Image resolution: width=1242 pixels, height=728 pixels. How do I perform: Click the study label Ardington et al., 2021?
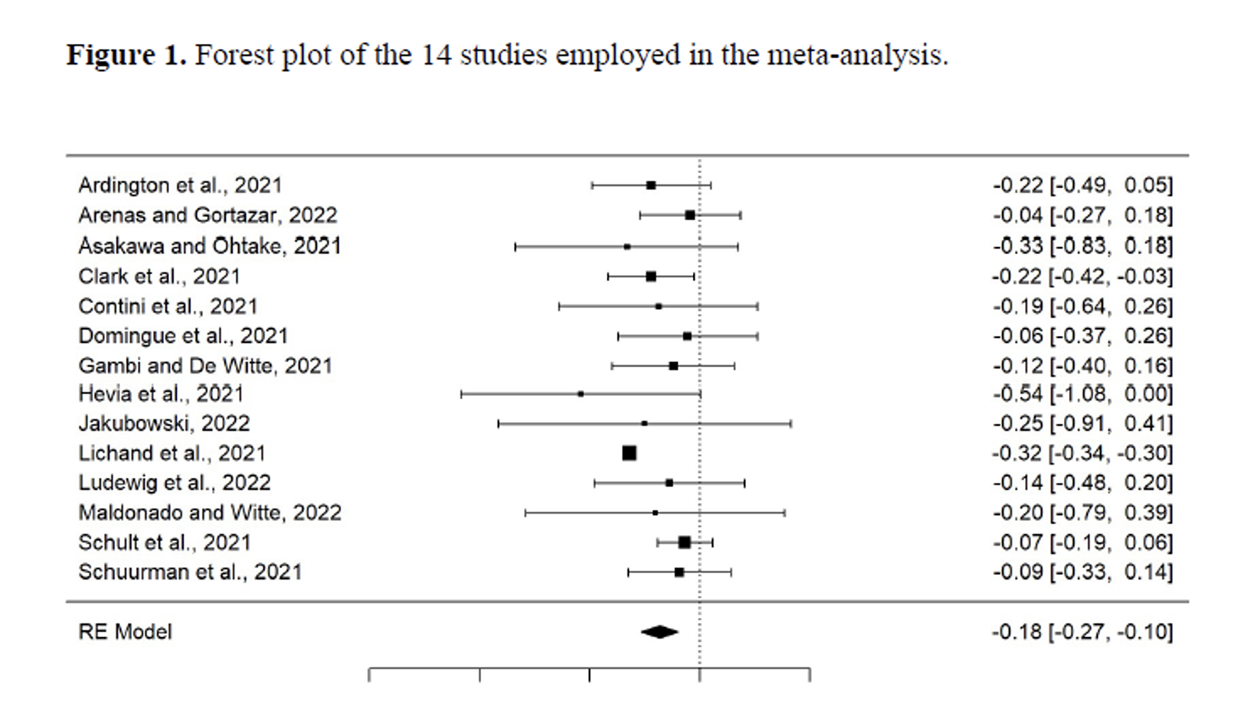coord(180,186)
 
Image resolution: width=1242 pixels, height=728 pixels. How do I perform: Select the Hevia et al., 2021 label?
coord(161,394)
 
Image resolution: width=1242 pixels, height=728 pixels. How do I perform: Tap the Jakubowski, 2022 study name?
coord(164,424)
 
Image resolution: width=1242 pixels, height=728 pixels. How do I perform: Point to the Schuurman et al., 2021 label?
coord(190,572)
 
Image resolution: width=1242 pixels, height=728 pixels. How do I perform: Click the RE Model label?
coord(125,632)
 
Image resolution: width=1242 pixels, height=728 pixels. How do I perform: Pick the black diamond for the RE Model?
coord(659,632)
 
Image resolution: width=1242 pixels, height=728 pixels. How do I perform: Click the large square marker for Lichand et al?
coord(629,453)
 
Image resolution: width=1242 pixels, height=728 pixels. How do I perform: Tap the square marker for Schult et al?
coord(684,542)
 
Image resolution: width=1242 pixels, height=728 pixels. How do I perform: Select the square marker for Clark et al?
coord(651,277)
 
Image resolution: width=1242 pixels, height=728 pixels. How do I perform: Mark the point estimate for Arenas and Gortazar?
coord(690,215)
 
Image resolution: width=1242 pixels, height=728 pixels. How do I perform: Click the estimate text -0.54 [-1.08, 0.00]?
coord(1082,394)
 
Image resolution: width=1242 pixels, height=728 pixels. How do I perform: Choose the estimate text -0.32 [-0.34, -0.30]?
coord(1082,453)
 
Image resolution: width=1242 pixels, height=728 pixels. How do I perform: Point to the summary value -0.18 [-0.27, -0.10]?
coord(1082,632)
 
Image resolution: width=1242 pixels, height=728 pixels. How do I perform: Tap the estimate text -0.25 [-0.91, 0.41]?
coord(1082,424)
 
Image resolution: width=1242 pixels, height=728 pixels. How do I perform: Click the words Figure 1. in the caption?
coord(126,55)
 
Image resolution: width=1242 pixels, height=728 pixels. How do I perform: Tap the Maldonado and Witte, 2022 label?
coord(209,513)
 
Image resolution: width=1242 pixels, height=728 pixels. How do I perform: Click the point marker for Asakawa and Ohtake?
coord(627,247)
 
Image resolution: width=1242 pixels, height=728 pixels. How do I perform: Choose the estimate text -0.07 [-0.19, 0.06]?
coord(1082,542)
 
